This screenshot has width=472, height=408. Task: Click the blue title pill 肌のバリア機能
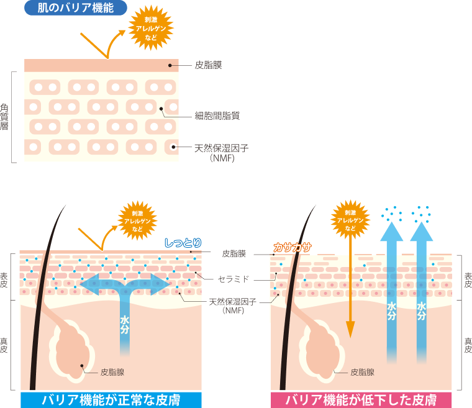(x=75, y=8)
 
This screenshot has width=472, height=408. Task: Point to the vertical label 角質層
(x=5, y=116)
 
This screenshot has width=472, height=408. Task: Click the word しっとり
(x=183, y=243)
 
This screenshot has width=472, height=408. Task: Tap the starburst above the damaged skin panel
(x=350, y=220)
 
